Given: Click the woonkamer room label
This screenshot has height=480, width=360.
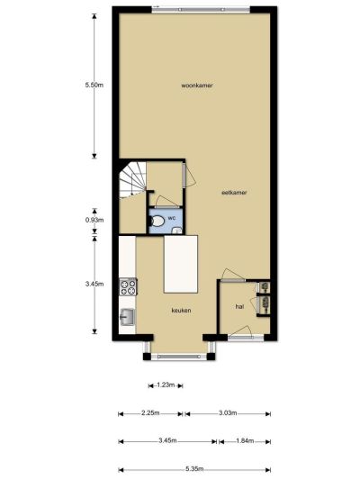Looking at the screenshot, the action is click(197, 86).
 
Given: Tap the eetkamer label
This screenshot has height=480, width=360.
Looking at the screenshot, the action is click(234, 193).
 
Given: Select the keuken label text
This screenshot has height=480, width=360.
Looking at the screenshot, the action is click(182, 310).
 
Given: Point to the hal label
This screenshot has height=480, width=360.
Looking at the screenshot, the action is click(239, 306).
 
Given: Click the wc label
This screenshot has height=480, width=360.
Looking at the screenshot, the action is click(171, 218).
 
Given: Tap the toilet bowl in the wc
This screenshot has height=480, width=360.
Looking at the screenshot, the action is click(157, 221).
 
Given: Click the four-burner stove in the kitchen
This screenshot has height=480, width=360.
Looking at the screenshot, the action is click(128, 287).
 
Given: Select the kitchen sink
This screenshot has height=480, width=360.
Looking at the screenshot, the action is click(127, 317).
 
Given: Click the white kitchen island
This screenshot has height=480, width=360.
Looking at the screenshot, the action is click(181, 264).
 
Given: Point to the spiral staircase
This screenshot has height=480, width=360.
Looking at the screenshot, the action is click(132, 180).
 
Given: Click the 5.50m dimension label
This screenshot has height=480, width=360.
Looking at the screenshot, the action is click(94, 85).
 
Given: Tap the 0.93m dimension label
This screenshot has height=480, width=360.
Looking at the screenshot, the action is click(94, 220).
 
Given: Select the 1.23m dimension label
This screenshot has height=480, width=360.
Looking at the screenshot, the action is click(166, 385).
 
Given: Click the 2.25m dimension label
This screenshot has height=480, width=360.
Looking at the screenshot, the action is click(150, 413).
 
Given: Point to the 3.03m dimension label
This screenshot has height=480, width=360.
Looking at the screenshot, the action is click(228, 413).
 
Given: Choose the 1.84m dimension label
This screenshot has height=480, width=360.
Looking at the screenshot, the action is click(245, 440).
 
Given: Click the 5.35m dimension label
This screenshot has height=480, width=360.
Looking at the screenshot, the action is click(194, 468).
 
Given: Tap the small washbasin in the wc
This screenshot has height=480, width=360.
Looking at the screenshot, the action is click(176, 231).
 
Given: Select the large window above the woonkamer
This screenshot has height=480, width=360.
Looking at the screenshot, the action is click(201, 10).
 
